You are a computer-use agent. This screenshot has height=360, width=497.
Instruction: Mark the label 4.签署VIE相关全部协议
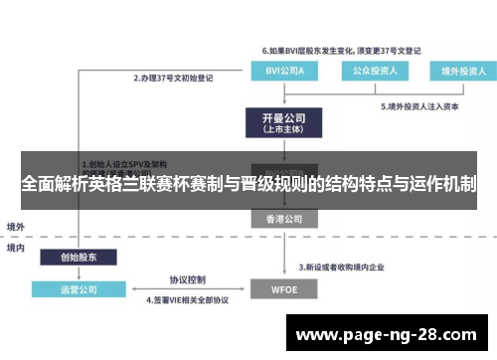188,298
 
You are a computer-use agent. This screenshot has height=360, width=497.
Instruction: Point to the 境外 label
16,226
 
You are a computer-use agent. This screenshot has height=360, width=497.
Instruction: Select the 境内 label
16,247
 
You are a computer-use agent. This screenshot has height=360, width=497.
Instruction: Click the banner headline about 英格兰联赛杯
248,184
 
